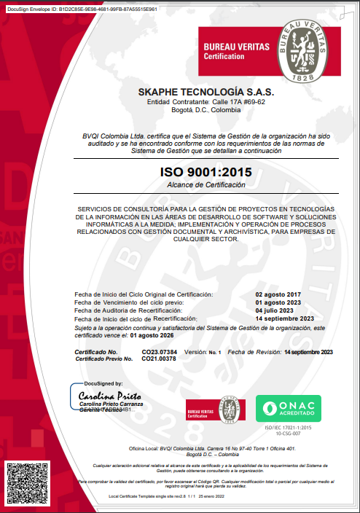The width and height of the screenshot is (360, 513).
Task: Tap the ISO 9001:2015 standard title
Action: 206,173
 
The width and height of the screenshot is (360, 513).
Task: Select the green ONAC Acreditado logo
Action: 288,410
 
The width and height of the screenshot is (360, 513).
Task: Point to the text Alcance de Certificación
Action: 206,186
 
